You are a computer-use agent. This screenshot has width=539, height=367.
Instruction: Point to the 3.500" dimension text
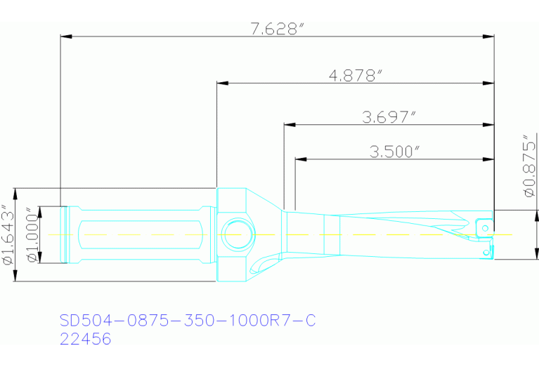tap(393, 151)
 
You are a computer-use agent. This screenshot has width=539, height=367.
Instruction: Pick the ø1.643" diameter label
tap(8, 236)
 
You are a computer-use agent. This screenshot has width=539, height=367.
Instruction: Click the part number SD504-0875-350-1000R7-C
tap(188, 321)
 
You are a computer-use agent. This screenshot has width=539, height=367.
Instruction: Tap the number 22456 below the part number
tap(86, 340)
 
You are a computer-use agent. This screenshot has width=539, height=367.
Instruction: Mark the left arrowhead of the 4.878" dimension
tap(222, 84)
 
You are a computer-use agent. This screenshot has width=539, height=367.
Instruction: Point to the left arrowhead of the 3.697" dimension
tap(288, 126)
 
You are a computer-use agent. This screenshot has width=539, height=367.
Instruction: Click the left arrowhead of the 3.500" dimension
tap(300, 159)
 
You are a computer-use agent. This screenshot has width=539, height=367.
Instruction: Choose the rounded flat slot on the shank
tap(141, 234)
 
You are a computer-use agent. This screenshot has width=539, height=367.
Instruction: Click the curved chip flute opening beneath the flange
tap(261, 267)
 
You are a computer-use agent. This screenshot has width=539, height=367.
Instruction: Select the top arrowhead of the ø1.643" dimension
tap(15, 192)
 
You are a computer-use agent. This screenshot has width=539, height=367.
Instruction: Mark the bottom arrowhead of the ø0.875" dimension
tap(537, 255)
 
